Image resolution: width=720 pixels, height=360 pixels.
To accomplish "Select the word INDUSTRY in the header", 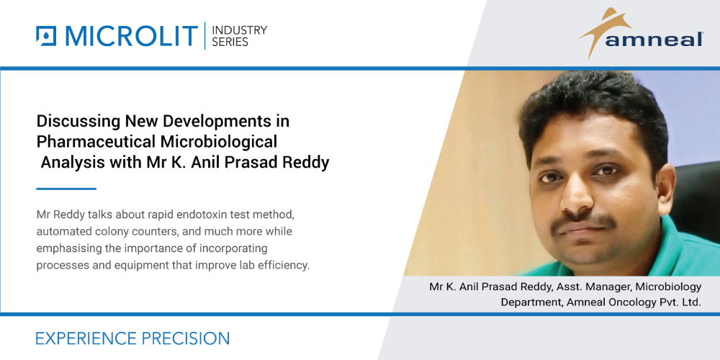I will point(239,30).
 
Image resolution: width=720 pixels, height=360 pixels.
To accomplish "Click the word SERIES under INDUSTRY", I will point(230,42).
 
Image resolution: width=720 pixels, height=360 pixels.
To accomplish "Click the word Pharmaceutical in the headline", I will point(91,141).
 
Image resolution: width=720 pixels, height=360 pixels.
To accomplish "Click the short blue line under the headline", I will point(66,189).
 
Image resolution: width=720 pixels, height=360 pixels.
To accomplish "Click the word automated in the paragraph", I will point(68,232).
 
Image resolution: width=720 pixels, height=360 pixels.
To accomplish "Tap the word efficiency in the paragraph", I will point(282,265).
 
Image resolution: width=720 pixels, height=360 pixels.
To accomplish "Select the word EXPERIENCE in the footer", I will point(84,338).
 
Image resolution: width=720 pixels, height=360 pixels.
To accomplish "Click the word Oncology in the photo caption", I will point(619,302).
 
